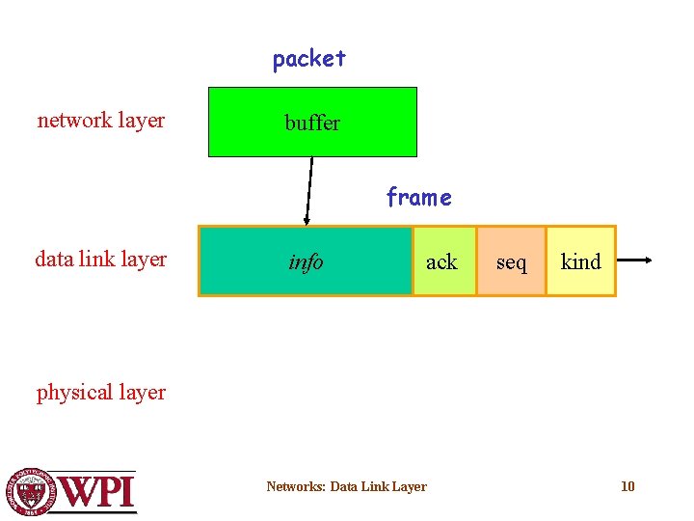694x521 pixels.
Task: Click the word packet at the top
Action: pyautogui.click(x=308, y=59)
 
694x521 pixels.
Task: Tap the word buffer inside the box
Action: pyautogui.click(x=312, y=123)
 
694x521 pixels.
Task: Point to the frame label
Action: pyautogui.click(x=418, y=198)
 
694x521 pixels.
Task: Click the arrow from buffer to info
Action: pyautogui.click(x=309, y=190)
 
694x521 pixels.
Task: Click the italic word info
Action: pyautogui.click(x=306, y=261)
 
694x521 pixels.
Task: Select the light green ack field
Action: pyautogui.click(x=444, y=260)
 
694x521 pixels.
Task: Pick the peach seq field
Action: pyautogui.click(x=512, y=260)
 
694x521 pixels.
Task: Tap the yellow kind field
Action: pyautogui.click(x=580, y=260)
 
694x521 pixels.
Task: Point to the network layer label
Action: pyautogui.click(x=101, y=121)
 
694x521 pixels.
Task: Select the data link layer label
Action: pyautogui.click(x=101, y=259)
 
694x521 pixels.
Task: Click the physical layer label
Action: pyautogui.click(x=101, y=392)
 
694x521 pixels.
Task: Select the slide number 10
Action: pyautogui.click(x=627, y=486)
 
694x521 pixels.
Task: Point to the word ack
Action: pyautogui.click(x=441, y=261)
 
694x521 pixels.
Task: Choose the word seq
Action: pyautogui.click(x=512, y=262)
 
